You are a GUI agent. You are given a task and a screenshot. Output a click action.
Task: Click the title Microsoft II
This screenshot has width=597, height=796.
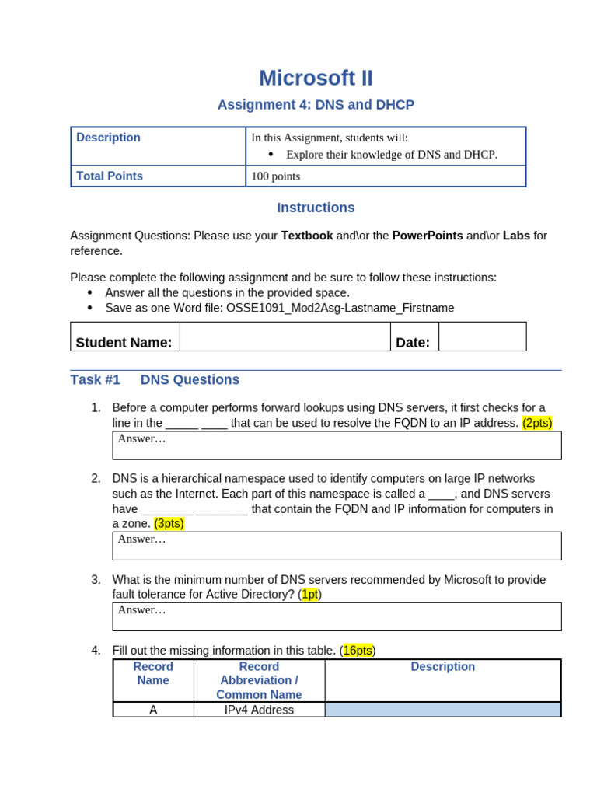pos(316,79)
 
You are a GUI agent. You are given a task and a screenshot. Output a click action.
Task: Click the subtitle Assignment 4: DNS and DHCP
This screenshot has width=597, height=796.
pos(316,105)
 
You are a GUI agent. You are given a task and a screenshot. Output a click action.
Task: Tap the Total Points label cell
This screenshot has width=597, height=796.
pos(158,176)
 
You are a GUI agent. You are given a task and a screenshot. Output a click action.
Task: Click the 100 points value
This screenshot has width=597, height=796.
pos(276,176)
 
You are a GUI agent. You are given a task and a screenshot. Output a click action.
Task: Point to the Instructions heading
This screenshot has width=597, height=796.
pos(316,208)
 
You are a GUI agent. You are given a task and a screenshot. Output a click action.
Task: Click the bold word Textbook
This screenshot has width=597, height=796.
pos(307,236)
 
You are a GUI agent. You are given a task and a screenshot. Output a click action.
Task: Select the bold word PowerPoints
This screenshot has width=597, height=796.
pos(428,236)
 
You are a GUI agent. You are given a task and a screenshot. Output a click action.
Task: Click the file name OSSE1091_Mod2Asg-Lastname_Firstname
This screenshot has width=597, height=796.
pos(340,308)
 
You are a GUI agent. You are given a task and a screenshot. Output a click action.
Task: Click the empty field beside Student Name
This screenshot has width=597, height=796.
pos(285,337)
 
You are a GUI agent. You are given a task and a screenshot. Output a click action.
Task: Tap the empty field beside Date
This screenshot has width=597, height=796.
pos(482,337)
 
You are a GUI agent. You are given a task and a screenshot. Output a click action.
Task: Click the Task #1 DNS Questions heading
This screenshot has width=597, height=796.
pos(155,380)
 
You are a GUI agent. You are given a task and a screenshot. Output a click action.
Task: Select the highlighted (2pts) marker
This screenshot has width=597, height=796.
pos(537,423)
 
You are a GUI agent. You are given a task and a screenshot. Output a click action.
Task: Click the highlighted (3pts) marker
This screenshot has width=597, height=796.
pos(169,524)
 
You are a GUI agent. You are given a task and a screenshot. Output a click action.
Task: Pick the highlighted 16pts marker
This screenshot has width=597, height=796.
pos(358,651)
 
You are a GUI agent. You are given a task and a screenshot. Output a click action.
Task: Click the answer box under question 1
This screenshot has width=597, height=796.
pos(337,445)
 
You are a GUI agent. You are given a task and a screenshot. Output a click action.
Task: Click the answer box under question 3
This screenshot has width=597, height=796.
pos(337,616)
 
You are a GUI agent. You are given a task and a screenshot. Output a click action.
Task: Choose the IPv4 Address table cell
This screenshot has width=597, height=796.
pos(259,710)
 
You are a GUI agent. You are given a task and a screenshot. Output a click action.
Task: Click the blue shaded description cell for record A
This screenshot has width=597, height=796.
pos(442,710)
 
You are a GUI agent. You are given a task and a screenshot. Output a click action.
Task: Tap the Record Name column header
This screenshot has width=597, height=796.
pos(153,673)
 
